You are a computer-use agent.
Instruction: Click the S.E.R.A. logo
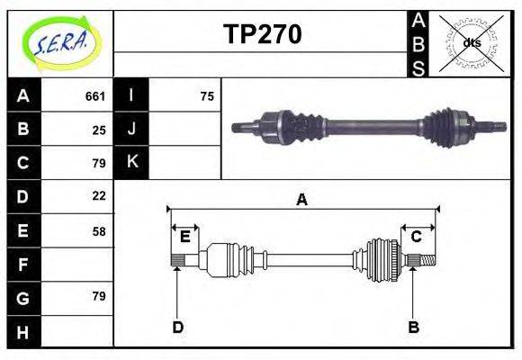[60, 42]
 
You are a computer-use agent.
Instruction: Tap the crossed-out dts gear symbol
[471, 42]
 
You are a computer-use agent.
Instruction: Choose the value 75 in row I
[207, 96]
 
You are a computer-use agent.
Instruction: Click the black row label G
[23, 296]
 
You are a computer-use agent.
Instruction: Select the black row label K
[132, 162]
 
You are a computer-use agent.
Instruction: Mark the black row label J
[132, 129]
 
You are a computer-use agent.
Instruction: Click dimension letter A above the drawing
[302, 200]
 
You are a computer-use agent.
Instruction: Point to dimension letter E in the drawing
[184, 237]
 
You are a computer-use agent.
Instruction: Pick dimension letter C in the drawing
[417, 237]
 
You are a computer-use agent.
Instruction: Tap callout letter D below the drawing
[178, 327]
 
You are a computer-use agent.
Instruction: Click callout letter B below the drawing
[413, 327]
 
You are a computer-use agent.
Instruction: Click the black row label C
[23, 163]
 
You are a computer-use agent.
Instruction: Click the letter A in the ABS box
[418, 21]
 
